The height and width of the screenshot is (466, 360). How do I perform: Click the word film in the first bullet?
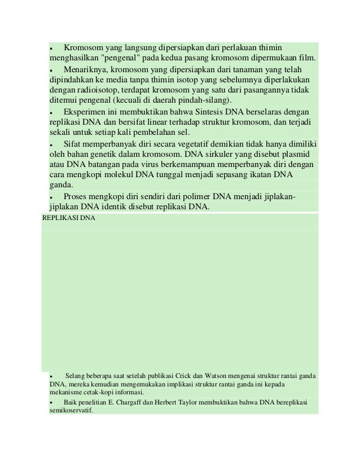pos(307,59)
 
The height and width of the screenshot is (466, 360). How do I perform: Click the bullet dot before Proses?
pos(51,197)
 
